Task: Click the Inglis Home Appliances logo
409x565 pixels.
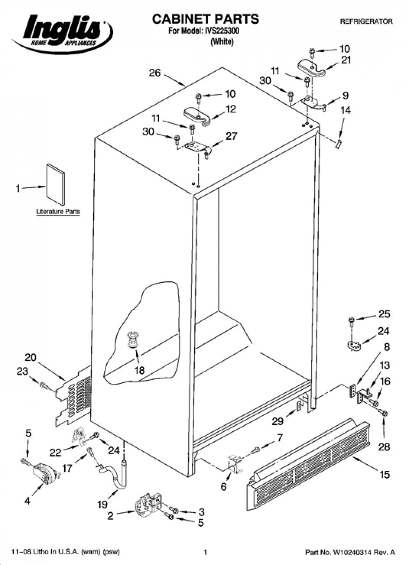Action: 62,33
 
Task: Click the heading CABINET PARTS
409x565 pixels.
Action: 205,19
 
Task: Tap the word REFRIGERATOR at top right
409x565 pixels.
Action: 366,22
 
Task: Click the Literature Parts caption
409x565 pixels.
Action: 58,212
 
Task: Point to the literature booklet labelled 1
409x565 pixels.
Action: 55,184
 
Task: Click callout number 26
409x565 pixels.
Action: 155,73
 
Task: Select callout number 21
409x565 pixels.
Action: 345,60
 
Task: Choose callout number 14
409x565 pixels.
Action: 346,110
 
